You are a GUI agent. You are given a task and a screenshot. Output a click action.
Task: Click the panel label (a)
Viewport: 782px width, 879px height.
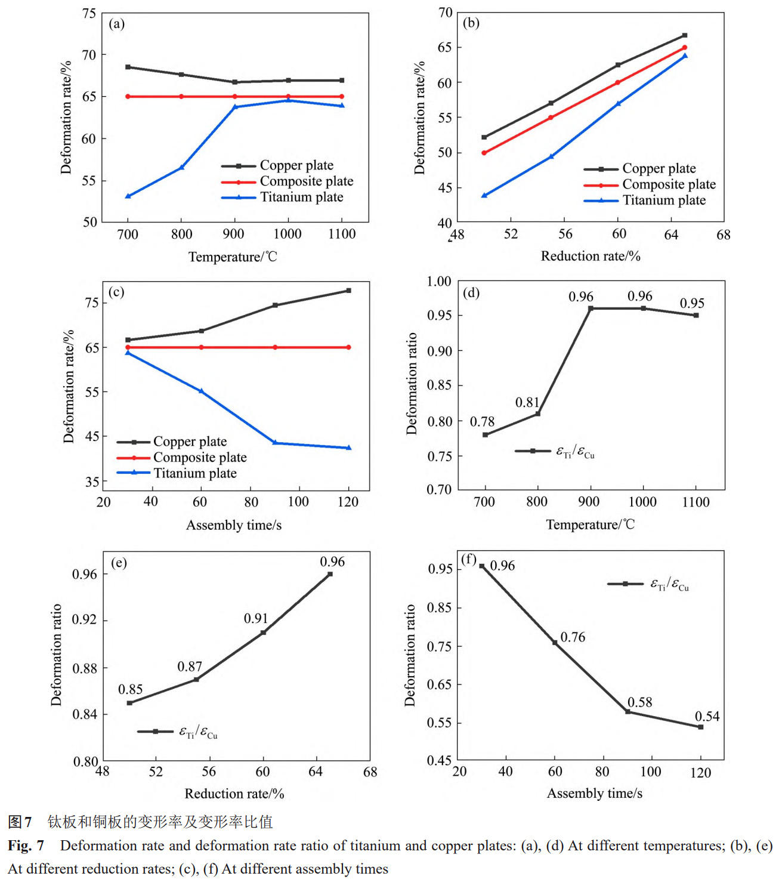[116, 24]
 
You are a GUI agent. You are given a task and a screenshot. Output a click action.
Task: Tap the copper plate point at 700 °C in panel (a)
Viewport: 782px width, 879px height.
[128, 67]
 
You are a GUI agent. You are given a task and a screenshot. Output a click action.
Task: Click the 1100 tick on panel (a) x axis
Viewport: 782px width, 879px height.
[342, 234]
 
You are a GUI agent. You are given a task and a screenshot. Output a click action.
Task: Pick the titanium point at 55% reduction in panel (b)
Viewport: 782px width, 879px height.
[551, 156]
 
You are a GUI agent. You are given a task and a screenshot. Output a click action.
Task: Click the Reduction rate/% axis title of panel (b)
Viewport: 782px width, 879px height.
[590, 256]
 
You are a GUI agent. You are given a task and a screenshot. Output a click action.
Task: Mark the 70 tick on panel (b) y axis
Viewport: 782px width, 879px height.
[445, 13]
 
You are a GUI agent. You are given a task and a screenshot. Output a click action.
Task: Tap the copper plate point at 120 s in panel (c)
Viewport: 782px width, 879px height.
[348, 291]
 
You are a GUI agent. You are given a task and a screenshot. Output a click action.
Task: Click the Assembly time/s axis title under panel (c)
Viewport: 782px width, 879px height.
[233, 525]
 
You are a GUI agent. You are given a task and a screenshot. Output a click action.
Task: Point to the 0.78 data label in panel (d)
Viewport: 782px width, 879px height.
[482, 422]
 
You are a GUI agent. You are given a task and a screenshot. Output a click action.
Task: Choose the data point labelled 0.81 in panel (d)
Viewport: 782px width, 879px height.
[537, 414]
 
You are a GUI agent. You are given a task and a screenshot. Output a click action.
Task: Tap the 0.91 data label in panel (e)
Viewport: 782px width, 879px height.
[255, 619]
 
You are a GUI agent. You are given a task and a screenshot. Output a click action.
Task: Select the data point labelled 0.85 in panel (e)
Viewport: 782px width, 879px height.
[129, 703]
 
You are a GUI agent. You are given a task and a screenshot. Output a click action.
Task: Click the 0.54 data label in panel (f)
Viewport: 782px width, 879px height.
[707, 716]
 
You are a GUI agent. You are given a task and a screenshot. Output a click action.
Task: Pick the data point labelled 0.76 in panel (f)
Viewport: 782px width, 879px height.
[555, 643]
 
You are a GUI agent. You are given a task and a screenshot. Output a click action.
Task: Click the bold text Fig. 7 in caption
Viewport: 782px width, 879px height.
[26, 846]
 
